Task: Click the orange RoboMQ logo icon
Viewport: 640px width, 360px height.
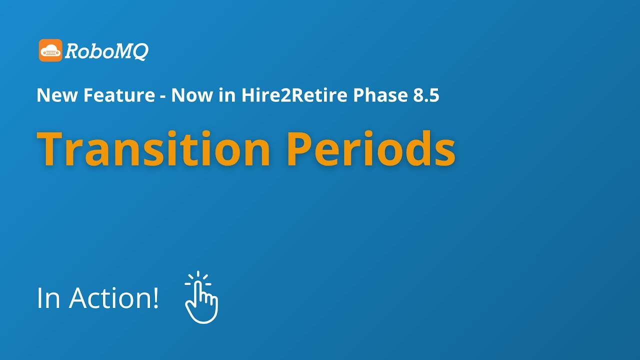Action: tap(50, 50)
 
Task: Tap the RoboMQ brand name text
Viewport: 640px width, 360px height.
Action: tap(106, 51)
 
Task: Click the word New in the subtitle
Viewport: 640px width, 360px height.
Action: tap(53, 95)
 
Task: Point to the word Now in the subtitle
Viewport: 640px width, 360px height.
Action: tap(192, 95)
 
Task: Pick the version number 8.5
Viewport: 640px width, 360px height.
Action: tap(426, 95)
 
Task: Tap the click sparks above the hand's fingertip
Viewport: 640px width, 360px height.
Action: tap(198, 276)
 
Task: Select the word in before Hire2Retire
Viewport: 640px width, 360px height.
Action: tap(225, 95)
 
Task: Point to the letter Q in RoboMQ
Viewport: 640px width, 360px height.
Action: tap(140, 51)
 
